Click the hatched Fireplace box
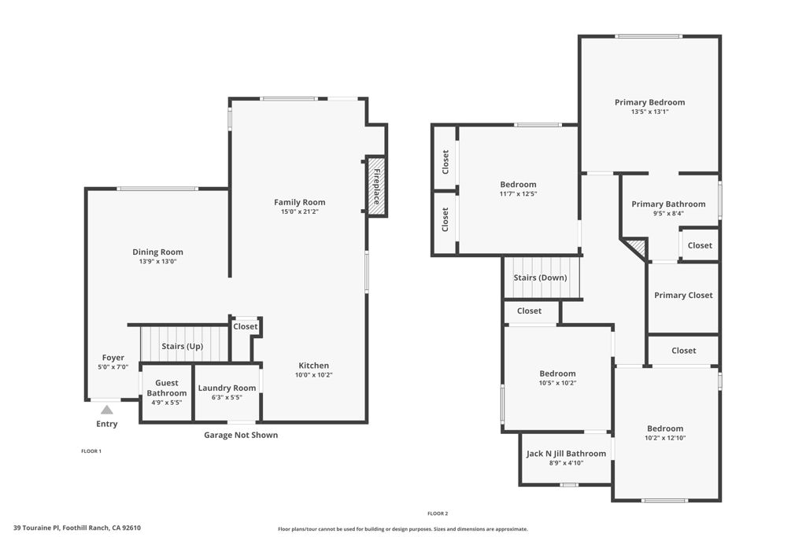[376, 186]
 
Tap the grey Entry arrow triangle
[106, 410]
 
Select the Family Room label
[300, 202]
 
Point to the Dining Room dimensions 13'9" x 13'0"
[157, 261]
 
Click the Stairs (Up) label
[183, 346]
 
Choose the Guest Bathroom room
[167, 393]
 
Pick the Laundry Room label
[227, 388]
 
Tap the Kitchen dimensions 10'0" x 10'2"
[313, 375]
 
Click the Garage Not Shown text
[241, 435]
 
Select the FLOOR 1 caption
[91, 451]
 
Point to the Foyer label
[113, 358]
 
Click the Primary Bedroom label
[649, 102]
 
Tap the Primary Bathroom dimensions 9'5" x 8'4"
[668, 214]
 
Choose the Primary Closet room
[683, 298]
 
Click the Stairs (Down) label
[540, 278]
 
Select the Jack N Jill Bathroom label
[566, 454]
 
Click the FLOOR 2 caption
[438, 513]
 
